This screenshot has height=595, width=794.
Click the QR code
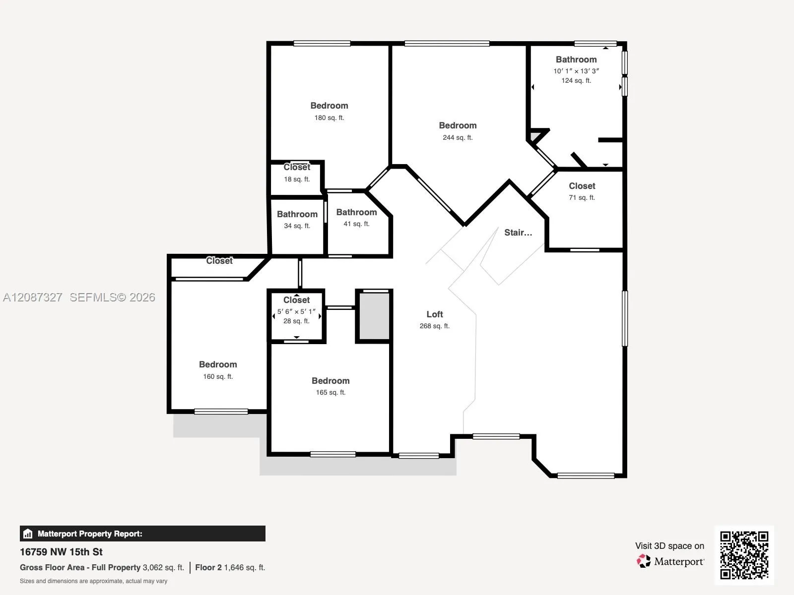tap(744, 555)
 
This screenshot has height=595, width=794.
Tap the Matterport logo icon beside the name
tap(644, 561)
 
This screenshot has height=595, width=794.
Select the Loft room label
tap(434, 314)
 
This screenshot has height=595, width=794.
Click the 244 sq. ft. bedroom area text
tap(458, 138)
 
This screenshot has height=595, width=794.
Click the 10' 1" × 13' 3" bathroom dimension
tap(576, 71)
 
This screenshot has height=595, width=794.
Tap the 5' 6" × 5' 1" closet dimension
tap(296, 311)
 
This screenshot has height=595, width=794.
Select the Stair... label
tap(518, 233)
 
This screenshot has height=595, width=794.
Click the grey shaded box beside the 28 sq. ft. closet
tap(374, 316)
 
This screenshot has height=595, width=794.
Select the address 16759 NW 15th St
tap(61, 552)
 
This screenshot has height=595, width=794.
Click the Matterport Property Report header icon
tap(28, 534)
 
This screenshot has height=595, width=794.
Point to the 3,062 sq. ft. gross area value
tap(163, 568)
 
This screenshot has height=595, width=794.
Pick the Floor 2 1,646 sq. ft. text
tap(230, 568)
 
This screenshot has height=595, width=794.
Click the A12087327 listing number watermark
tap(33, 297)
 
